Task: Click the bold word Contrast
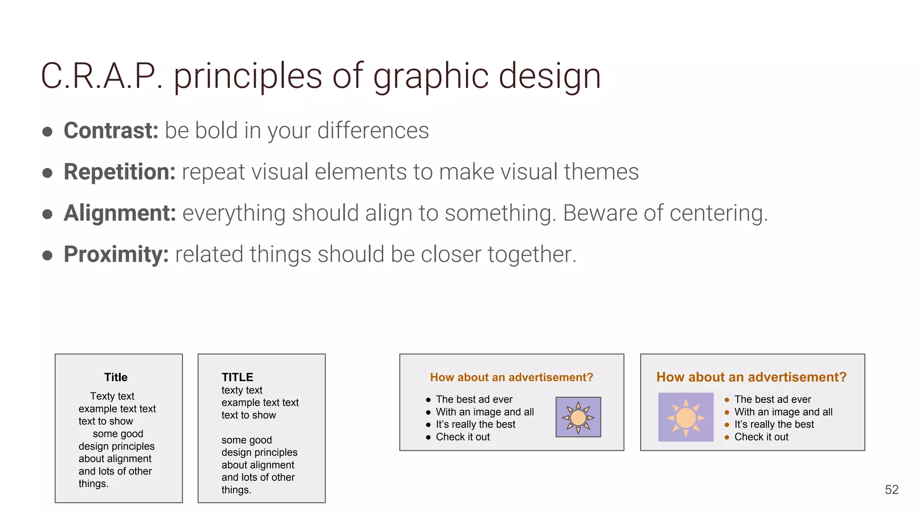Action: [111, 131]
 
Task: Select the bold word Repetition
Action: [119, 172]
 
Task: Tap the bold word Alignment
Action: [119, 213]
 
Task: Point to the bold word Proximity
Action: [116, 255]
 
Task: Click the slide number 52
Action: [891, 490]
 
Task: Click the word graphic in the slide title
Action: [431, 76]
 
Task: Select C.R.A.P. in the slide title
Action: [102, 76]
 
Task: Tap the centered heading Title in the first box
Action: [116, 377]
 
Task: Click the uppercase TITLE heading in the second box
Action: [237, 377]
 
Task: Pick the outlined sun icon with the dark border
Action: [578, 417]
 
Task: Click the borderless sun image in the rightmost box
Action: [686, 417]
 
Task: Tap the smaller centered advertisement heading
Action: [511, 377]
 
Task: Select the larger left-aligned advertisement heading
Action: [751, 377]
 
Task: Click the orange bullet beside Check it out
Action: [727, 437]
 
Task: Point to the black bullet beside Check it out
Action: [428, 437]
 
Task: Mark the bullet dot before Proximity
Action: [47, 255]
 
